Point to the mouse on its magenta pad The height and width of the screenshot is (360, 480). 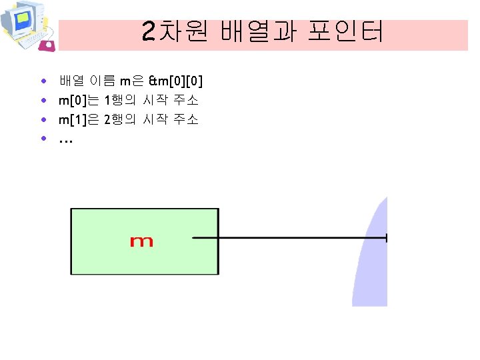[x=47, y=45]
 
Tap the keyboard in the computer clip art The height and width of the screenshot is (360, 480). [x=30, y=40]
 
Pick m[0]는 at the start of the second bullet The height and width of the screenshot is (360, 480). [x=79, y=101]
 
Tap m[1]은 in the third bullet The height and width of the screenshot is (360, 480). [x=79, y=120]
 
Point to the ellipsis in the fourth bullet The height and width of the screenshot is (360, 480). [x=65, y=141]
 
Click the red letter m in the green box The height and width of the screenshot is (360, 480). [x=141, y=241]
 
